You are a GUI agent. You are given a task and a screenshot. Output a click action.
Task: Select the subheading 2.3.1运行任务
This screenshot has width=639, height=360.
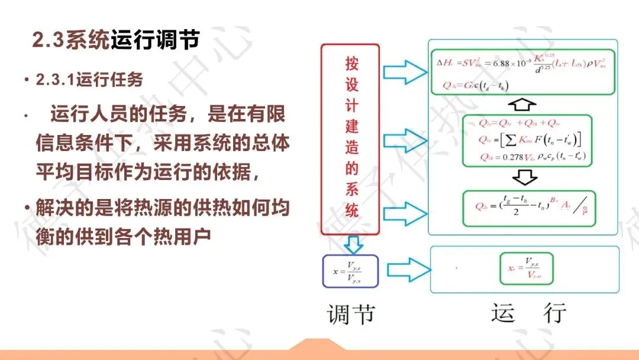89,80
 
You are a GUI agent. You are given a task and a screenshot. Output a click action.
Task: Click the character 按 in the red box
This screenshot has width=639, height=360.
351,63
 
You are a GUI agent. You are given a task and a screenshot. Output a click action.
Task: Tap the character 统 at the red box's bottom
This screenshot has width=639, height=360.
351,210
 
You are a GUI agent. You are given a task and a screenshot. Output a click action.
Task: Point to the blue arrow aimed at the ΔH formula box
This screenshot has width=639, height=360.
405,72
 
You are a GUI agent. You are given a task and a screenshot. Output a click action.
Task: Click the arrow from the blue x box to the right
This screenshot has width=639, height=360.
404,270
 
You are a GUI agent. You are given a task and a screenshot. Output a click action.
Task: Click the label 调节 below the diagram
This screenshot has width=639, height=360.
351,314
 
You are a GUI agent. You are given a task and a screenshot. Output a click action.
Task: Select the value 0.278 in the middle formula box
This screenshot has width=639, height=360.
501,157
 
